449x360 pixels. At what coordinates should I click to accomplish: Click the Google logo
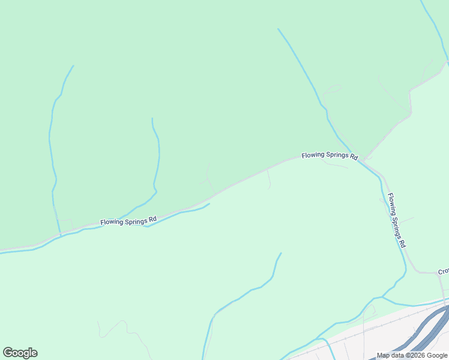tap(20, 353)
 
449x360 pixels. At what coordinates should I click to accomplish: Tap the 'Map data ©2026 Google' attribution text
tap(412, 355)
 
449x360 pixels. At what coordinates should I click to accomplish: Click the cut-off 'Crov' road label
tap(443, 272)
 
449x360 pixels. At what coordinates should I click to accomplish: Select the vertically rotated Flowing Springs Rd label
tap(396, 220)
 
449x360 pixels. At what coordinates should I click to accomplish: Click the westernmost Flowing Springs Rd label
tap(128, 221)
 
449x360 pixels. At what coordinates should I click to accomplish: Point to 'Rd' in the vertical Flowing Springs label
tap(403, 244)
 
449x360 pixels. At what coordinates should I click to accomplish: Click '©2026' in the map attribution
tap(416, 355)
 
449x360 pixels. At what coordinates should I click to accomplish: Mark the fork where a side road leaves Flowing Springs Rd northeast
tap(364, 160)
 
